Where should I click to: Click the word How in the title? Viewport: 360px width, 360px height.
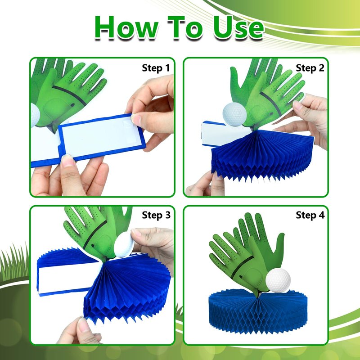pyautogui.click(x=126, y=27)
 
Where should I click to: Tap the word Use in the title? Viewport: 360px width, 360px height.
pyautogui.click(x=238, y=27)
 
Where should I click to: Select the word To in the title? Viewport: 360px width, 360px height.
pyautogui.click(x=185, y=27)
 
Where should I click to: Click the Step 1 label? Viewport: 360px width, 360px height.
pyautogui.click(x=156, y=68)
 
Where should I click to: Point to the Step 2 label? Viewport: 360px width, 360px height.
pyautogui.click(x=310, y=68)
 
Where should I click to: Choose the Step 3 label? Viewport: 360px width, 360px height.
pyautogui.click(x=156, y=215)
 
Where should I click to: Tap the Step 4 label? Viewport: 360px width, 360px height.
pyautogui.click(x=310, y=215)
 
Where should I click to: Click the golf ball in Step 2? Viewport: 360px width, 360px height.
pyautogui.click(x=234, y=114)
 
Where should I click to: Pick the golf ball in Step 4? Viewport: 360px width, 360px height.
pyautogui.click(x=278, y=280)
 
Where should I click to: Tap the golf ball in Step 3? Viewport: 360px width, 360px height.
pyautogui.click(x=124, y=244)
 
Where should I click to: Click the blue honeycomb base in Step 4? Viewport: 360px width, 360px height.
pyautogui.click(x=258, y=311)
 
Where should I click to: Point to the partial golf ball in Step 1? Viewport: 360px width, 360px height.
pyautogui.click(x=35, y=115)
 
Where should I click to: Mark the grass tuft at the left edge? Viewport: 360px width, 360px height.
pyautogui.click(x=14, y=264)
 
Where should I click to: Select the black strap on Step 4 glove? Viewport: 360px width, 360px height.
pyautogui.click(x=242, y=266)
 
